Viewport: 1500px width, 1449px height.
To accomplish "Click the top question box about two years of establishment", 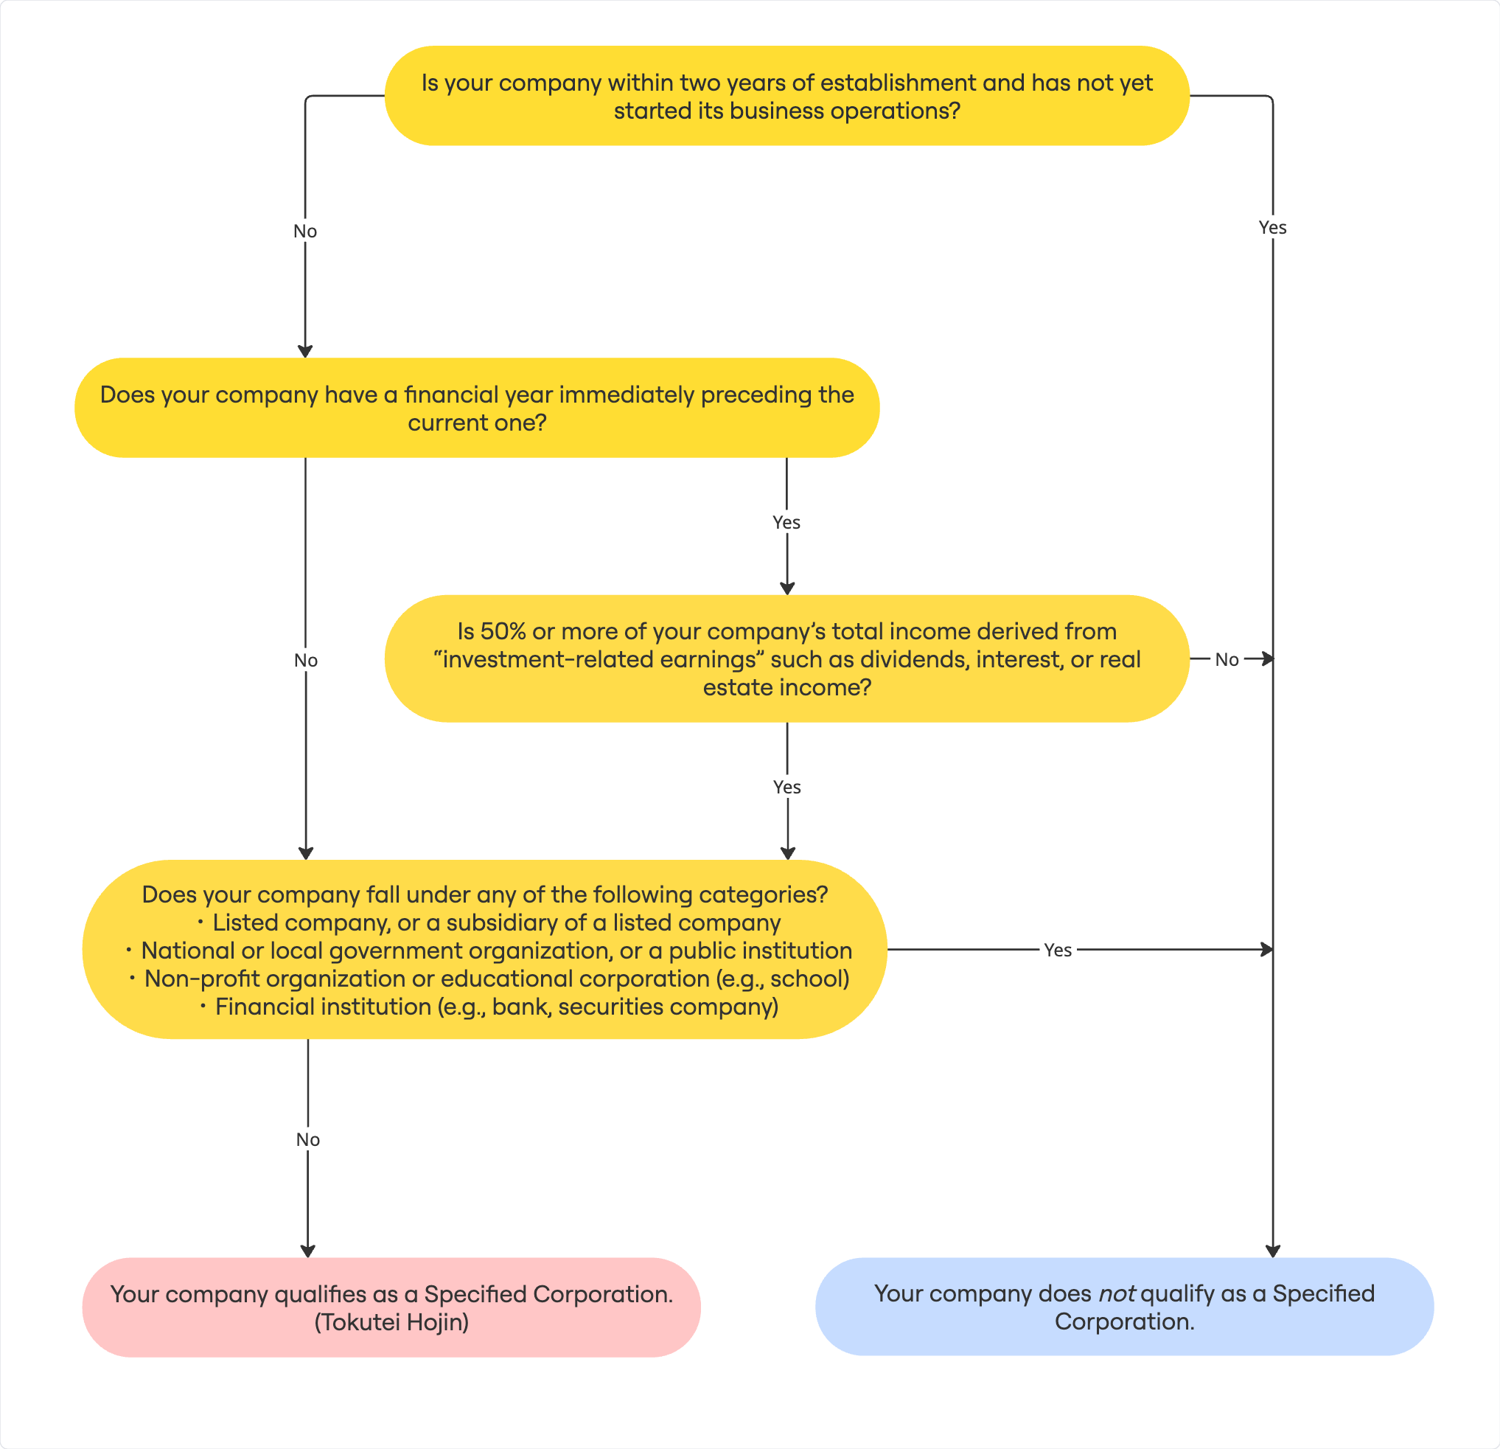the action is pyautogui.click(x=786, y=96).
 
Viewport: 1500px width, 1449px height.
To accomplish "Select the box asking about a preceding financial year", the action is pyautogui.click(x=477, y=408).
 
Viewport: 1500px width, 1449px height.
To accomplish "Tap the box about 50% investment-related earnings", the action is pyautogui.click(x=786, y=659).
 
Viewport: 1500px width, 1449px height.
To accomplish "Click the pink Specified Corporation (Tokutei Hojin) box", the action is pyautogui.click(x=391, y=1307).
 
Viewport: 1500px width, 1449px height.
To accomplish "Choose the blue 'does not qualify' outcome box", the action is pyautogui.click(x=1124, y=1307).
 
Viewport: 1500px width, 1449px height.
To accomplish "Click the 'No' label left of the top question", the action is pyautogui.click(x=304, y=231).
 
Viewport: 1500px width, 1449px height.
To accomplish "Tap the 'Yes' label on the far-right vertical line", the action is pyautogui.click(x=1273, y=227).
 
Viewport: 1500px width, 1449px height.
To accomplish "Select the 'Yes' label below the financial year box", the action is pyautogui.click(x=786, y=522).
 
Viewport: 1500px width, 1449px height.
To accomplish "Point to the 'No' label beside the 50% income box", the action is pyautogui.click(x=1227, y=659).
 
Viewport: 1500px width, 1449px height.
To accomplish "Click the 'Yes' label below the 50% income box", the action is pyautogui.click(x=786, y=787).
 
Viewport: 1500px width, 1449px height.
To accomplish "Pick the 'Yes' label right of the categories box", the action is pyautogui.click(x=1058, y=950).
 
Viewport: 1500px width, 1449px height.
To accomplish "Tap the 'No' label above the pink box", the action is pyautogui.click(x=307, y=1140).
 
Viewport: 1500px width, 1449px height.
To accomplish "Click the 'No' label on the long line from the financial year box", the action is pyautogui.click(x=305, y=660).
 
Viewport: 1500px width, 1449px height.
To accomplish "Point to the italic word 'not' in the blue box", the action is pyautogui.click(x=1117, y=1293).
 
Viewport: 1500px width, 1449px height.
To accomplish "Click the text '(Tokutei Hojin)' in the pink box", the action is pyautogui.click(x=391, y=1322).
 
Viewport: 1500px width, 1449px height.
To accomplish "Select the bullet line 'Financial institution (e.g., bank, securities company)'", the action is pyautogui.click(x=489, y=1007).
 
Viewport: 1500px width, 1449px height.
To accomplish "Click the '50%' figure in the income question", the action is pyautogui.click(x=503, y=631).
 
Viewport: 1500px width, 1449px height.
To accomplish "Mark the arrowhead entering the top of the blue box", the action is pyautogui.click(x=1273, y=1251).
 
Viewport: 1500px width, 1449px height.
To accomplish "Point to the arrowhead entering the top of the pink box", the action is pyautogui.click(x=307, y=1251).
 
